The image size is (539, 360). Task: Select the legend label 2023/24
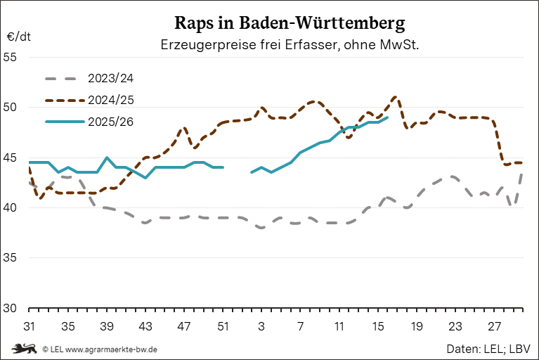tap(110, 77)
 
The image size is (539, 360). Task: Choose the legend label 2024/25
tap(110, 99)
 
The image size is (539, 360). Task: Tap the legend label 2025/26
tap(110, 121)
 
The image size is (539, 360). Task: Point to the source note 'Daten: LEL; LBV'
tap(488, 348)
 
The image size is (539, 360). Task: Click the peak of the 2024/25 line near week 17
tap(396, 97)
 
